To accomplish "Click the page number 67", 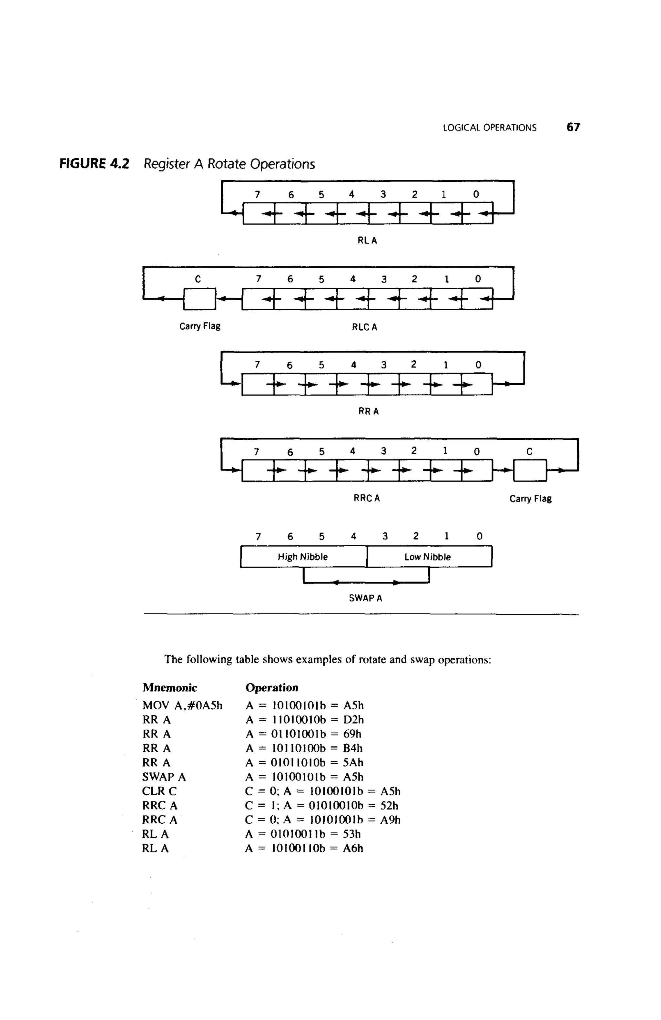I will point(573,127).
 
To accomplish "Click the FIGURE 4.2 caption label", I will point(94,164).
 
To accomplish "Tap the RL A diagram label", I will point(367,241).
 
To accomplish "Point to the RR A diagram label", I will point(368,411).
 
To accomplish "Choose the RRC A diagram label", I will point(366,498).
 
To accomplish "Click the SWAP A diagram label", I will point(365,598).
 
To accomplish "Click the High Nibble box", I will point(303,557).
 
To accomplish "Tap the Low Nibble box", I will point(428,557).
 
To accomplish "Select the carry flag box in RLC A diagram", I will point(199,298).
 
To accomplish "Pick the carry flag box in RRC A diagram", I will point(530,470).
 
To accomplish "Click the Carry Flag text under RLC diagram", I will point(200,326).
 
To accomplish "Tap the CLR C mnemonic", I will point(159,791).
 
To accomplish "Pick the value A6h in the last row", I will point(352,848).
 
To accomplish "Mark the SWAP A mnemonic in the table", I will point(164,777).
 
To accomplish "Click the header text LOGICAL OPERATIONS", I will point(489,128).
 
